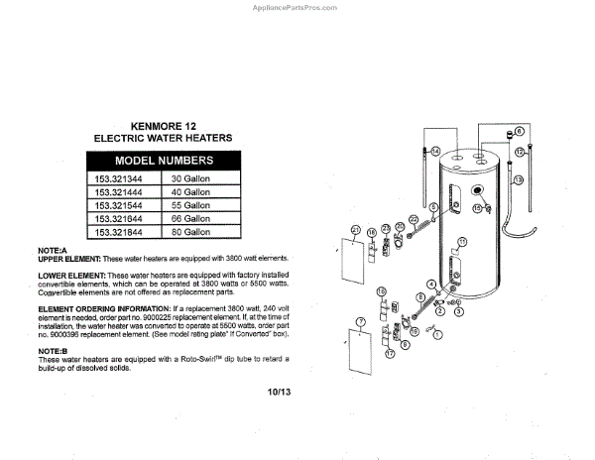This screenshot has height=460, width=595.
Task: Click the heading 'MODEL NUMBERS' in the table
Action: tap(164, 161)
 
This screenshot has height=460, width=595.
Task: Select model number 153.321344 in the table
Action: tap(119, 179)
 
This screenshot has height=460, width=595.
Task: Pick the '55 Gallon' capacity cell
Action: tap(191, 205)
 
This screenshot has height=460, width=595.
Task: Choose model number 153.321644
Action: tap(119, 218)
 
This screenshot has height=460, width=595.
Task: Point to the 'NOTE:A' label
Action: tap(52, 250)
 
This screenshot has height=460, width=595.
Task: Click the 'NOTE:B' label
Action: tap(52, 351)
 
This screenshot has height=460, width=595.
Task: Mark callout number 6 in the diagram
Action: tap(520, 131)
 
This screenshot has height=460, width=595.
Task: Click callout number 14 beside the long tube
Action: tap(433, 151)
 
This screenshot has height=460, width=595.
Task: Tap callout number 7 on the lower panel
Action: tap(361, 322)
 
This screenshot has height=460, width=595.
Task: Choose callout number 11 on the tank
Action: tap(461, 240)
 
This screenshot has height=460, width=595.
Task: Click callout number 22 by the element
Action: tap(413, 217)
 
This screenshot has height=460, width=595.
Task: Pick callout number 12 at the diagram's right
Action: tap(519, 152)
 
